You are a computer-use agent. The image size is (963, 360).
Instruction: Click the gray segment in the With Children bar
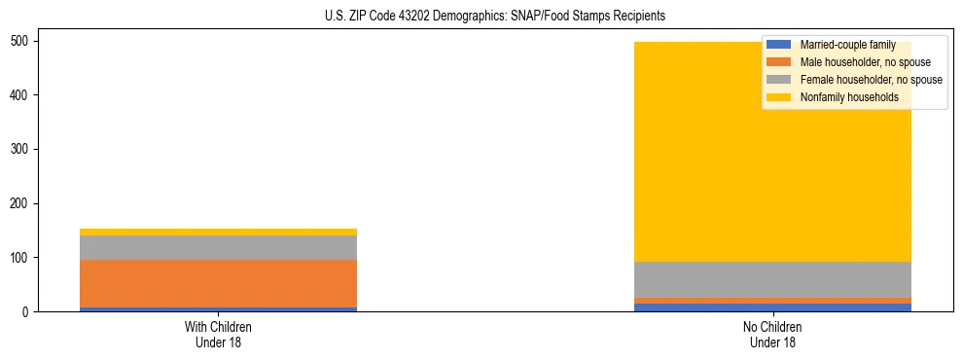(x=218, y=247)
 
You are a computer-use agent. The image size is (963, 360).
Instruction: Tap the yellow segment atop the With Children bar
(x=218, y=232)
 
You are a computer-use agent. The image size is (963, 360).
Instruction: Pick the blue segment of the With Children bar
(x=218, y=308)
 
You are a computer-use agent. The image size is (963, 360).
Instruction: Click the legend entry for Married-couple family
(x=847, y=45)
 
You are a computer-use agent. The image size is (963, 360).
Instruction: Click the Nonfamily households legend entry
(x=849, y=97)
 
